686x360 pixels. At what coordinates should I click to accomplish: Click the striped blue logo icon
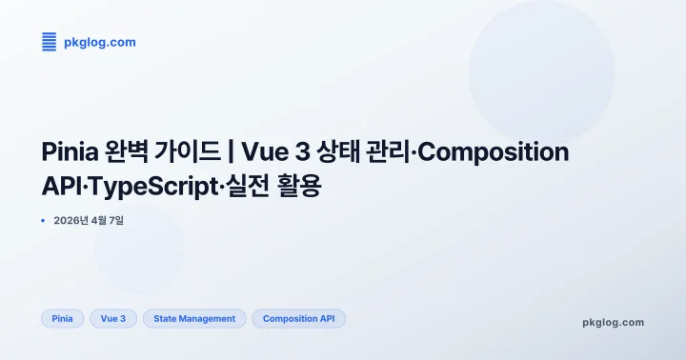pyautogui.click(x=50, y=42)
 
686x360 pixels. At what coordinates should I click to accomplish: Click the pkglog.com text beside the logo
pyautogui.click(x=99, y=42)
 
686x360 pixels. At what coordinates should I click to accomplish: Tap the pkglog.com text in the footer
pyautogui.click(x=613, y=322)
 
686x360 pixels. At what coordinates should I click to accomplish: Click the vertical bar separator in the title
pyautogui.click(x=232, y=152)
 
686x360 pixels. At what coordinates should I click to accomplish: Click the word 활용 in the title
pyautogui.click(x=299, y=187)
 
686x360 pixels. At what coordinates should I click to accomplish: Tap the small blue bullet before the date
pyautogui.click(x=44, y=221)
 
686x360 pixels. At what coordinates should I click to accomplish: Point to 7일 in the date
pyautogui.click(x=116, y=221)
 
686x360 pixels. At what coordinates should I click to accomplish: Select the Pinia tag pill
pyautogui.click(x=63, y=318)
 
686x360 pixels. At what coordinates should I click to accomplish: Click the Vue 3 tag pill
pyautogui.click(x=113, y=318)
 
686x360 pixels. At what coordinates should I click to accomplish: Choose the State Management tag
pyautogui.click(x=194, y=318)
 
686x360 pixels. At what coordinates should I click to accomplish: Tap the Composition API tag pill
pyautogui.click(x=298, y=318)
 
